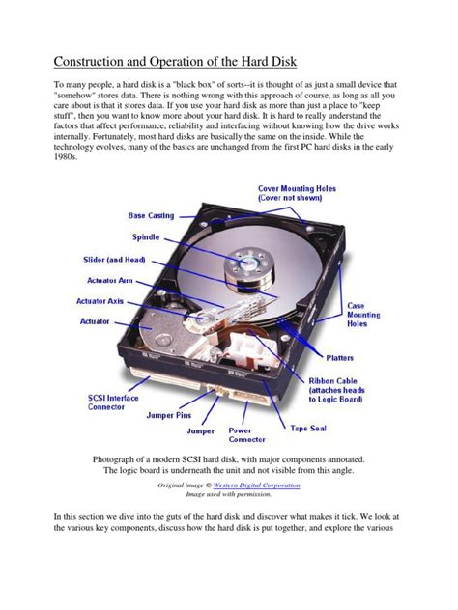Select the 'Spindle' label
click(145, 236)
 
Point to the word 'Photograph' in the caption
click(122, 458)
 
